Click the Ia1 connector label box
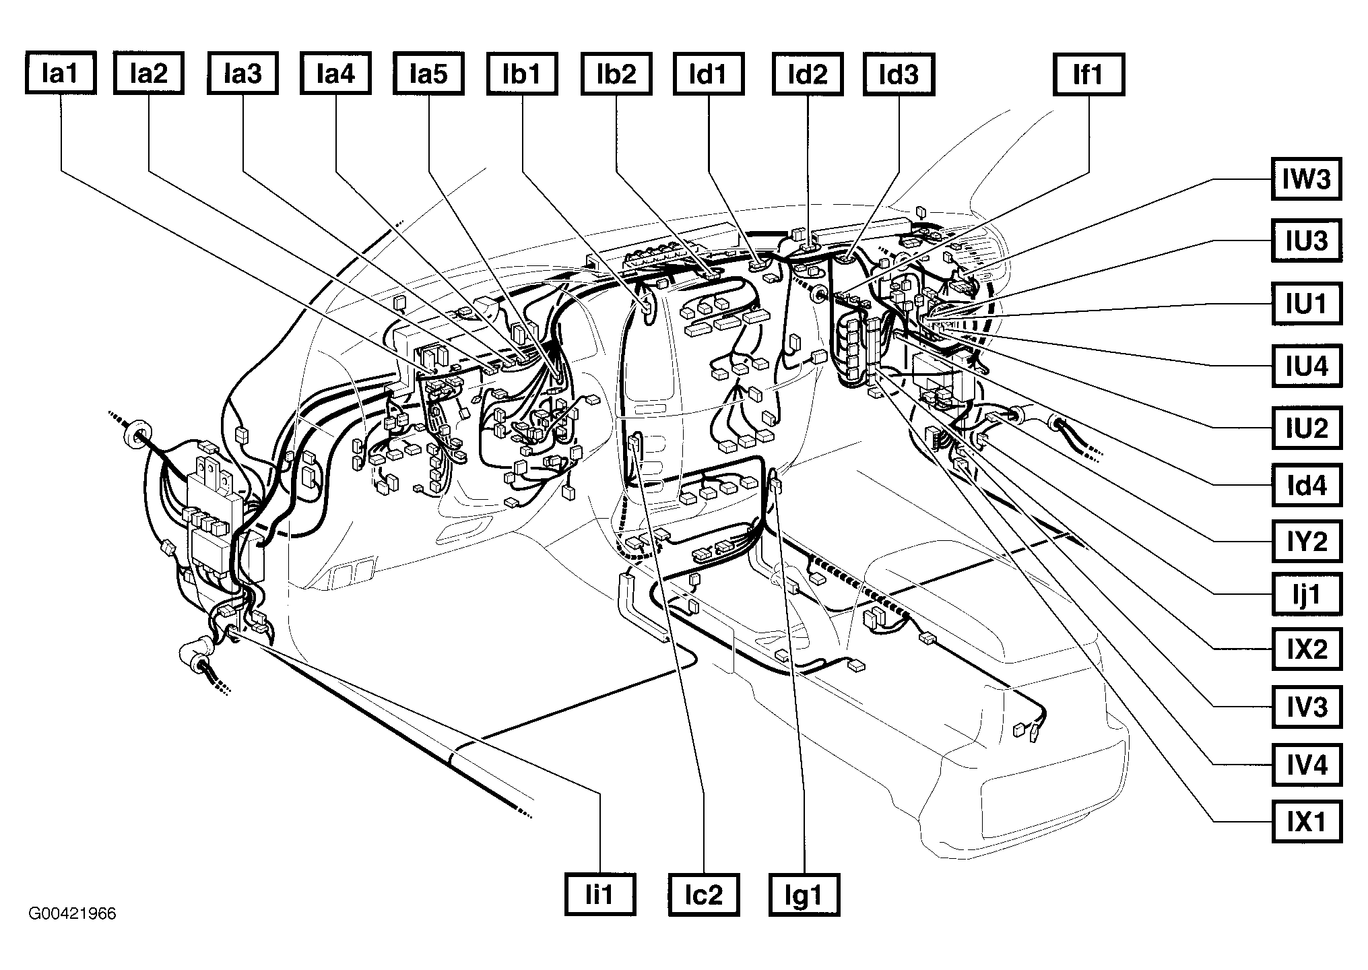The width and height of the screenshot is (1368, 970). point(61,73)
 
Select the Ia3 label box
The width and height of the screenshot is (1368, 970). point(243,73)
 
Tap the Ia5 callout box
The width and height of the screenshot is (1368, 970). point(428,73)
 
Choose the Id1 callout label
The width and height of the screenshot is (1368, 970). point(709,73)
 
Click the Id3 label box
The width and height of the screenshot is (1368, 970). point(899,73)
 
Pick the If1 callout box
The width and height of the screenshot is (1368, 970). point(1088,73)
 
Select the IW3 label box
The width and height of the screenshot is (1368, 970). point(1306,179)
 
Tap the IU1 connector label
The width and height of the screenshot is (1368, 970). point(1306,304)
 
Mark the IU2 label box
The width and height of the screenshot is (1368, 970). point(1306,428)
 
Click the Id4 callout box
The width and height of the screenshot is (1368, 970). point(1306,485)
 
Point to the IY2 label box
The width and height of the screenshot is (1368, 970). point(1306,541)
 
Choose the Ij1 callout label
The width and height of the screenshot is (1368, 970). point(1306,594)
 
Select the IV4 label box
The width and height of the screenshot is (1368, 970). point(1306,765)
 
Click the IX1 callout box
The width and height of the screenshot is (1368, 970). point(1306,821)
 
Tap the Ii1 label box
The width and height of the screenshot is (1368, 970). point(599,895)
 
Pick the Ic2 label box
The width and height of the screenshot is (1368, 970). point(704,895)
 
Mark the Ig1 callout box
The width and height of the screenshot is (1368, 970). point(805,895)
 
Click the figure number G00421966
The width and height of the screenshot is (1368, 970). point(72,914)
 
